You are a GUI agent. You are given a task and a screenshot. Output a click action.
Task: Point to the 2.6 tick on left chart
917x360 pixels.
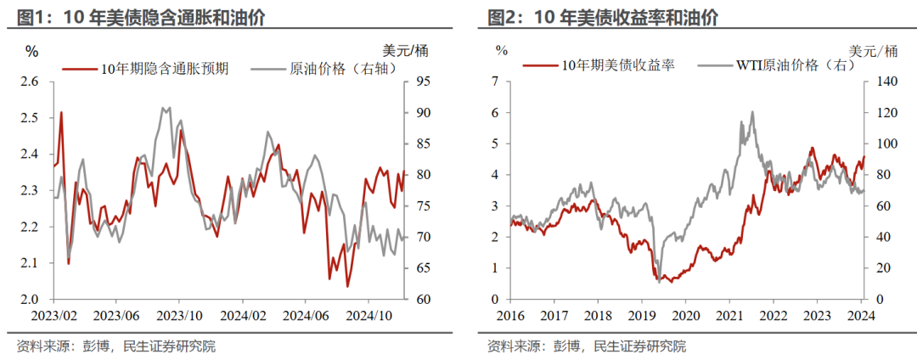pos(31,82)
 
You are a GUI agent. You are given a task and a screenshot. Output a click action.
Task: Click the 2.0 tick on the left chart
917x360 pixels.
pos(31,300)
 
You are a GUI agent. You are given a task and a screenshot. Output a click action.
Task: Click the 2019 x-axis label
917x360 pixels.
pos(641,315)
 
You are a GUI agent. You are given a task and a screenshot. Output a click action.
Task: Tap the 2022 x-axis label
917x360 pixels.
pos(774,315)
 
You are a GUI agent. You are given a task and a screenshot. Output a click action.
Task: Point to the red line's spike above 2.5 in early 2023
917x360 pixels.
pos(61,112)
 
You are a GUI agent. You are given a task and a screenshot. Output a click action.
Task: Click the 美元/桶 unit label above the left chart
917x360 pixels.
pos(398,51)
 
